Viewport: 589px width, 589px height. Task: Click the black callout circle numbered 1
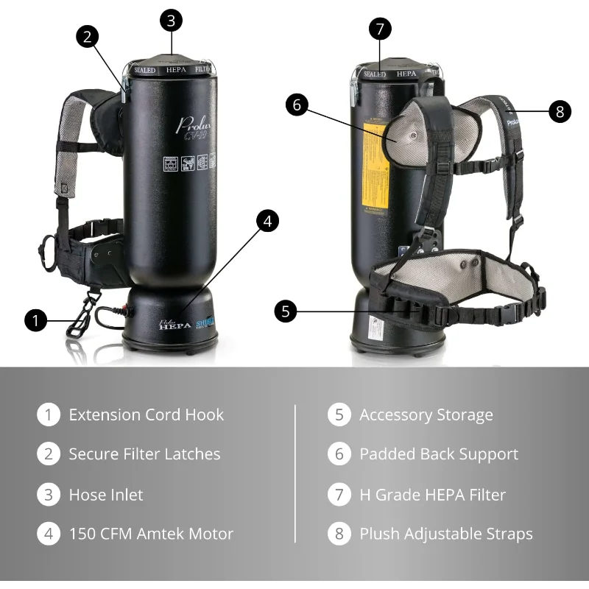(x=35, y=320)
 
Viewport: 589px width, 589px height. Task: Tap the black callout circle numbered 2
(x=87, y=37)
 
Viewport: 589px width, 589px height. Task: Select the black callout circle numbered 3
(x=171, y=20)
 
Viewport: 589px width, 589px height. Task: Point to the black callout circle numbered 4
(x=267, y=220)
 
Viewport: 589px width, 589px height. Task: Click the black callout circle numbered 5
(x=286, y=311)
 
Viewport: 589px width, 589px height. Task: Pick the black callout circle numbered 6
(x=297, y=105)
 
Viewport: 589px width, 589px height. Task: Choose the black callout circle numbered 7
(x=379, y=29)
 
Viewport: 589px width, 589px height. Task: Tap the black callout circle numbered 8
(x=560, y=111)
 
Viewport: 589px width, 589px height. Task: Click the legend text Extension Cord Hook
(x=146, y=415)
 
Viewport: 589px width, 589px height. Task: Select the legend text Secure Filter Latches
(x=144, y=454)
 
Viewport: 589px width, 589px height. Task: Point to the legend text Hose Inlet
(x=106, y=494)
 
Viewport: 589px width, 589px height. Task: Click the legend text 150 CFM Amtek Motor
(x=151, y=534)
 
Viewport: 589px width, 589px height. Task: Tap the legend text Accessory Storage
(x=426, y=415)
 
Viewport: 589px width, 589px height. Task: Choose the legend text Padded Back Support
(x=439, y=454)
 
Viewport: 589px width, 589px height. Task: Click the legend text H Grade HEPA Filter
(x=432, y=494)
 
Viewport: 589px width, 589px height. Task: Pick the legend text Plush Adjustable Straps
(x=445, y=534)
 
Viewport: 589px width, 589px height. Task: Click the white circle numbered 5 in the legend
(x=339, y=415)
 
